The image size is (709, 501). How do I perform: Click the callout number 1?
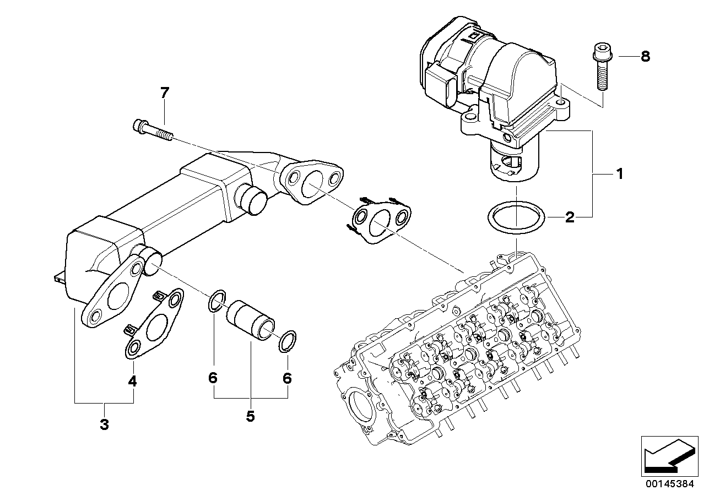click(x=620, y=174)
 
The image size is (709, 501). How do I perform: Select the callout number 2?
click(x=570, y=217)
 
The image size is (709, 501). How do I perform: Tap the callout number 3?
click(x=104, y=424)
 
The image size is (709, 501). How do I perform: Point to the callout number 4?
click(x=132, y=381)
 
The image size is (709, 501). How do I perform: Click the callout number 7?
click(x=165, y=92)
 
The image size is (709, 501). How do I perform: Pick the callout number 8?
click(x=646, y=57)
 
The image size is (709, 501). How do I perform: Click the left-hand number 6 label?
click(x=213, y=378)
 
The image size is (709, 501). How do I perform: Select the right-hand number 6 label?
click(x=287, y=378)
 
